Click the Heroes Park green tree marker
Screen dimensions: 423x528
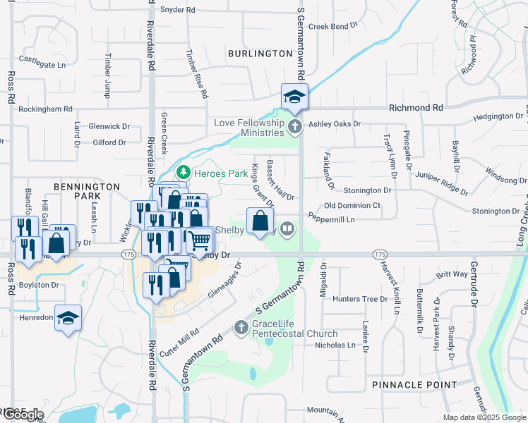tap(183, 172)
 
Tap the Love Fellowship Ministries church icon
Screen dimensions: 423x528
tap(295, 127)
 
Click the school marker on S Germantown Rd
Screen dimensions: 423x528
tap(294, 97)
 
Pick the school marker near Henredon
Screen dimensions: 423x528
tap(68, 319)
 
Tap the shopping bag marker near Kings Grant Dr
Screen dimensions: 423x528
tap(260, 221)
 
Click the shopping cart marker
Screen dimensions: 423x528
tap(200, 241)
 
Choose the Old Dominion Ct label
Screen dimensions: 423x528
tap(352, 206)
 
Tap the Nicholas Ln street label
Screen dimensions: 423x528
tap(335, 345)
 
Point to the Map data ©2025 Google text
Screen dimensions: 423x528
tap(484, 417)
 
